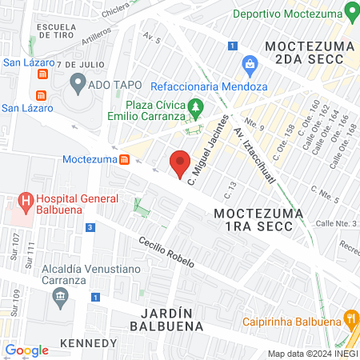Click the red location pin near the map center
click(x=180, y=162)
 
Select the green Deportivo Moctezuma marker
click(x=350, y=14)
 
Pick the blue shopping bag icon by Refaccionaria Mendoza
click(x=250, y=64)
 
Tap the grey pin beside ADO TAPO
click(x=78, y=82)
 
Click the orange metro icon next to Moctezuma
click(x=126, y=159)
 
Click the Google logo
click(x=26, y=350)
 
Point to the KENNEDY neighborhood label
click(x=88, y=343)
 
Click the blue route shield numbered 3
click(x=91, y=228)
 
